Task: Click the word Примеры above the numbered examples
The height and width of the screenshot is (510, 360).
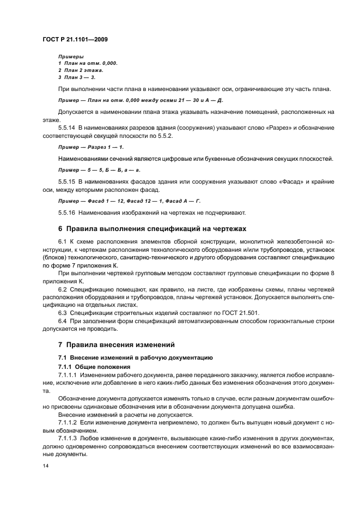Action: click(71, 56)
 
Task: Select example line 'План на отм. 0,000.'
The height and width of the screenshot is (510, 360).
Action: click(90, 63)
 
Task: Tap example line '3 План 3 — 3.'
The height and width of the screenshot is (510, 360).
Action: click(77, 77)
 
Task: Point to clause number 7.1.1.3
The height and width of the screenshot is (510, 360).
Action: click(70, 438)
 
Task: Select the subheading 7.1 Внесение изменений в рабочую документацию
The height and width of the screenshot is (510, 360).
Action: click(135, 357)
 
